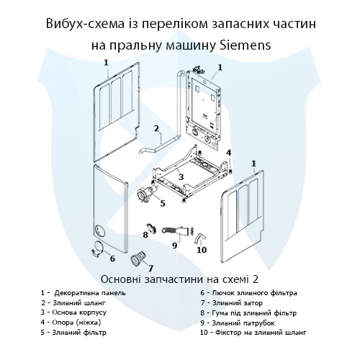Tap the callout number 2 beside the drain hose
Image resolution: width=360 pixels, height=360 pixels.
pyautogui.click(x=156, y=129)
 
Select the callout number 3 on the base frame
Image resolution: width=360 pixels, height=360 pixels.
pyautogui.click(x=181, y=176)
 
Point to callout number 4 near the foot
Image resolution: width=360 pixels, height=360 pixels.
pyautogui.click(x=229, y=153)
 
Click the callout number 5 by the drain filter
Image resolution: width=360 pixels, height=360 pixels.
pyautogui.click(x=163, y=203)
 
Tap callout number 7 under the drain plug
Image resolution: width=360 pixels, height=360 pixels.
pyautogui.click(x=150, y=269)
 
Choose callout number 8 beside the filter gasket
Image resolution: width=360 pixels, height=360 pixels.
pyautogui.click(x=145, y=234)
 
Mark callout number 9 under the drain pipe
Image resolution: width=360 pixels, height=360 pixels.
pyautogui.click(x=174, y=246)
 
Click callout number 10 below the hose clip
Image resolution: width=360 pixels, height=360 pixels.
pyautogui.click(x=202, y=250)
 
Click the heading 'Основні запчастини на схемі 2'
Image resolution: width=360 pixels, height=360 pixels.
pyautogui.click(x=180, y=279)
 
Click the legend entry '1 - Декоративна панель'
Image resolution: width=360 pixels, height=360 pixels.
pyautogui.click(x=84, y=293)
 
